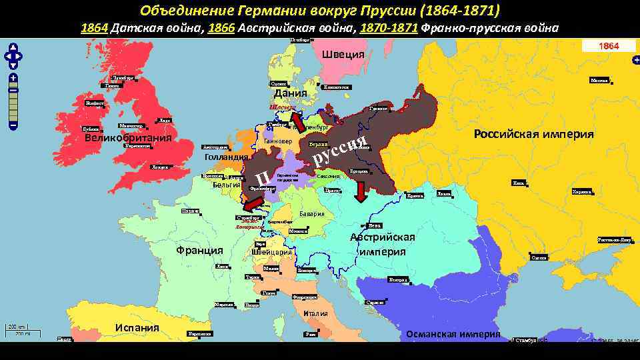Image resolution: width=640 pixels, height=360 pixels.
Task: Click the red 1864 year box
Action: tap(608, 46)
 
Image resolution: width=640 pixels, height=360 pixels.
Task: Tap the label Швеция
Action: tap(343, 55)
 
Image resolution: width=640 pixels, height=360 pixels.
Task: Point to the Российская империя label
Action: tap(533, 134)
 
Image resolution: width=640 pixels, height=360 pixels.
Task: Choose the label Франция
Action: tap(199, 251)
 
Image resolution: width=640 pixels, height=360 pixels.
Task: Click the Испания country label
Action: tap(137, 327)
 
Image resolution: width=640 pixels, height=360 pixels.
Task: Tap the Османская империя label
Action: tap(453, 334)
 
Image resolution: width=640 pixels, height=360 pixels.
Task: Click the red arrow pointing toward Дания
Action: tap(297, 122)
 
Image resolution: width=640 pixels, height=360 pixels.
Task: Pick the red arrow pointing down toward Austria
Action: tap(361, 191)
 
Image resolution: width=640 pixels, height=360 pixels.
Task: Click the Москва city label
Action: tap(600, 81)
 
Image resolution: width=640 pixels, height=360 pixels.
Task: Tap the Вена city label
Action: tap(376, 225)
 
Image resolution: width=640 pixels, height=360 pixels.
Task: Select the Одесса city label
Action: tap(539, 257)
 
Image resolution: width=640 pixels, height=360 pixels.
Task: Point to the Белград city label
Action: tap(398, 279)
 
